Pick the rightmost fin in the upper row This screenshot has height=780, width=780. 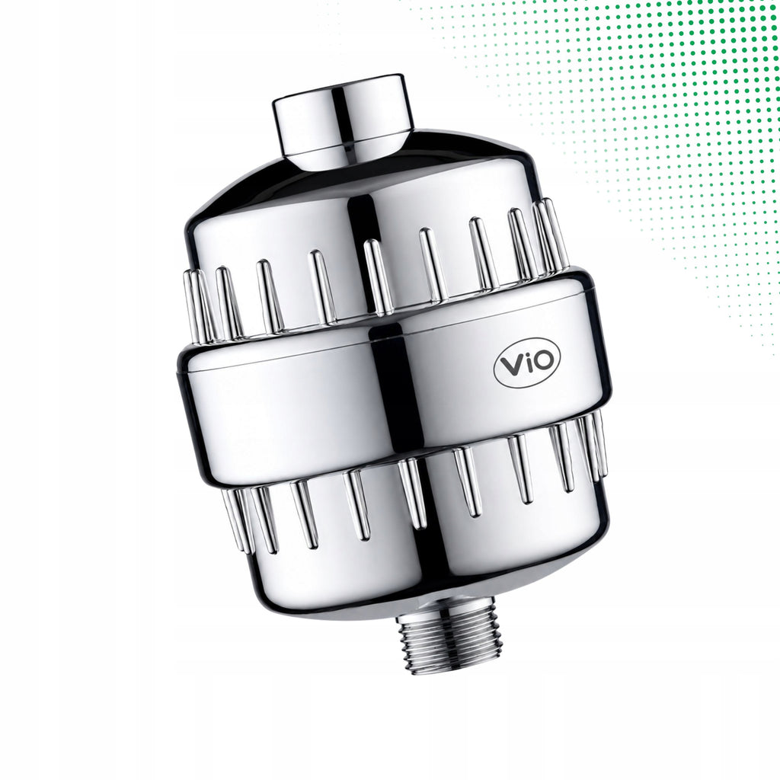click(x=552, y=234)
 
